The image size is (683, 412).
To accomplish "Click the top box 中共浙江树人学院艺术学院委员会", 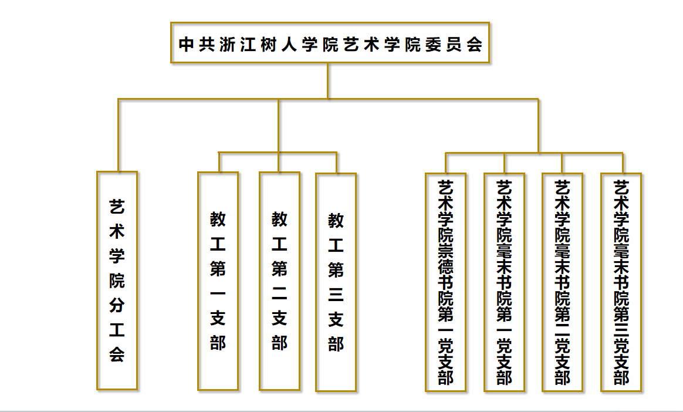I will (x=330, y=43).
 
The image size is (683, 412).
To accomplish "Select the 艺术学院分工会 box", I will (x=117, y=281).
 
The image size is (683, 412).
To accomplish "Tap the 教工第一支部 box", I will (x=218, y=281).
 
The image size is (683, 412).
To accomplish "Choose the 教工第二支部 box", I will (x=280, y=281).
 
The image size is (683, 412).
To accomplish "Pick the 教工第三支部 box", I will (x=336, y=282).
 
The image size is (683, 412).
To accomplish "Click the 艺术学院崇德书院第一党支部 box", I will (x=446, y=282).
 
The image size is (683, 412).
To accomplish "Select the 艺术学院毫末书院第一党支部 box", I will (x=505, y=282).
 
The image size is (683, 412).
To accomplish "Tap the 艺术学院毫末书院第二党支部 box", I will (x=563, y=282).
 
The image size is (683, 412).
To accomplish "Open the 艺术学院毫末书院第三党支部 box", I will (x=621, y=282).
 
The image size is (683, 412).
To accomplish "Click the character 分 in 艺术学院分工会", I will (x=117, y=305).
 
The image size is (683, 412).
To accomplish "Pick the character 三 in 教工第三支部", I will (x=336, y=295).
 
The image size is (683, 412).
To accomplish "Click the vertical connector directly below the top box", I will (x=328, y=80).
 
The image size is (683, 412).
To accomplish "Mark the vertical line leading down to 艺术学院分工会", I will (x=119, y=135).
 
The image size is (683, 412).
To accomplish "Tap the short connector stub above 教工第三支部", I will (x=337, y=163).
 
